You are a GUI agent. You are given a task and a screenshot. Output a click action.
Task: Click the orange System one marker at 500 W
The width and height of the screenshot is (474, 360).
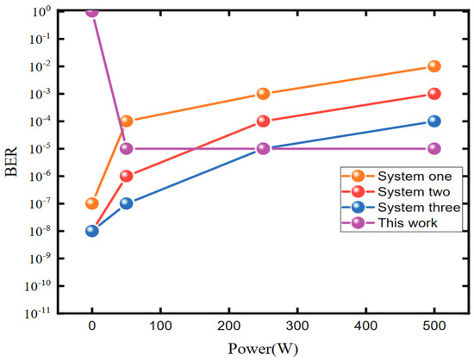pos(434,66)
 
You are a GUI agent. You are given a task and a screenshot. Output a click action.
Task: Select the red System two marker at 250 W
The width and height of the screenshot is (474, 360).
pos(264,121)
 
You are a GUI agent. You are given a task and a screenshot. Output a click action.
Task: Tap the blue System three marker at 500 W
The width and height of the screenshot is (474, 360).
pos(434,121)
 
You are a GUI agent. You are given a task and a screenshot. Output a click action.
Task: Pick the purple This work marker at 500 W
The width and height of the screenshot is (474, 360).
pos(434,148)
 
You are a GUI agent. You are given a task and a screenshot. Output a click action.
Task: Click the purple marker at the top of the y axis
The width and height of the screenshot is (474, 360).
pos(92,11)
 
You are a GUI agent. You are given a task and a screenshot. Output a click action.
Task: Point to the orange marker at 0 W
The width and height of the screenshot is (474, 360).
pos(92,203)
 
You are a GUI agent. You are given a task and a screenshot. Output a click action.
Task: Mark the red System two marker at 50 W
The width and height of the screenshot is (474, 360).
pos(127,176)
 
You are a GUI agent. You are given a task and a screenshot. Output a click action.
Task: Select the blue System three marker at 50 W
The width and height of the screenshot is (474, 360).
pos(127,203)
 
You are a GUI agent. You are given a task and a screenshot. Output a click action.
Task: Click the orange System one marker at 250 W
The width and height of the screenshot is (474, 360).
pos(264,94)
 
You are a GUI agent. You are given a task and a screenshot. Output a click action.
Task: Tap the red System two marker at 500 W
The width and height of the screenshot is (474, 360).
pos(434,94)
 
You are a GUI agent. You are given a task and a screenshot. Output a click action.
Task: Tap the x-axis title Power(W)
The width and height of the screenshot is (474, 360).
pos(263,349)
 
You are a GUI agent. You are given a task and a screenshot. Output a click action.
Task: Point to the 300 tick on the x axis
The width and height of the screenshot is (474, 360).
pos(297,327)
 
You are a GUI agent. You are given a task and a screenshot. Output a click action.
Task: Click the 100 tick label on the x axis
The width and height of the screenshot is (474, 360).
pos(160,327)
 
